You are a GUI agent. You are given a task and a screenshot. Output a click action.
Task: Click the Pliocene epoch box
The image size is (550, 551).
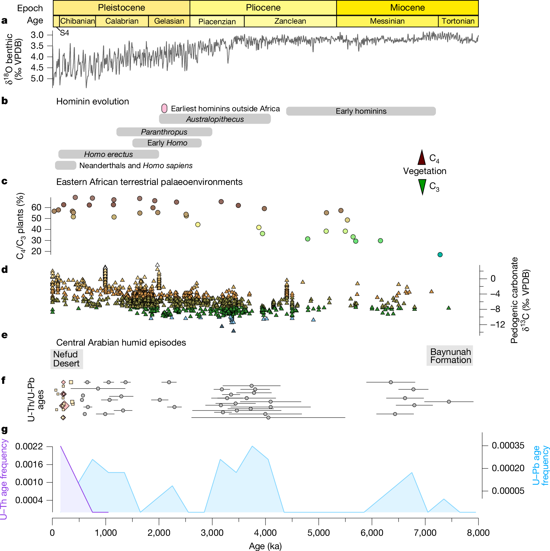click(x=263, y=8)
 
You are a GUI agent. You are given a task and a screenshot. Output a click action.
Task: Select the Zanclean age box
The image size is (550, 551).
click(x=290, y=21)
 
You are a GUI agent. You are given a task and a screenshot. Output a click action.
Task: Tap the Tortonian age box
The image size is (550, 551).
click(x=458, y=21)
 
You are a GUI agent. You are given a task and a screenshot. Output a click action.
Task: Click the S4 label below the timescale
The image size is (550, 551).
click(x=64, y=33)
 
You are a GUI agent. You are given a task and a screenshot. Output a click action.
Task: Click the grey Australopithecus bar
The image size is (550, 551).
click(x=215, y=119)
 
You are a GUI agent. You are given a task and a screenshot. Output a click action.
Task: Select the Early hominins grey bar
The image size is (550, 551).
click(x=361, y=111)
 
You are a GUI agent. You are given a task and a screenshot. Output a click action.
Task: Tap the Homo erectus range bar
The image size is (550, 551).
click(x=109, y=154)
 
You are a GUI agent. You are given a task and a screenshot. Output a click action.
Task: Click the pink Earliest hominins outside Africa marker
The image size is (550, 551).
click(x=164, y=108)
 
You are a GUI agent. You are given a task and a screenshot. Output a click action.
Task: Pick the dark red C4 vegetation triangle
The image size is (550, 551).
click(x=422, y=158)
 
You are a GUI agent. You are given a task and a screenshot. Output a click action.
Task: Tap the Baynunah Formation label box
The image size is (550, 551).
click(x=450, y=356)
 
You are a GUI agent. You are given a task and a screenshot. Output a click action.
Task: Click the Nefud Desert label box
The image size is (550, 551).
click(x=67, y=359)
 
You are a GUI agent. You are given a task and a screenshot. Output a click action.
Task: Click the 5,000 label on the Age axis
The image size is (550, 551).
click(x=318, y=533)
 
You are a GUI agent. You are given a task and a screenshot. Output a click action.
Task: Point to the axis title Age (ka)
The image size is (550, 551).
click(x=265, y=546)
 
